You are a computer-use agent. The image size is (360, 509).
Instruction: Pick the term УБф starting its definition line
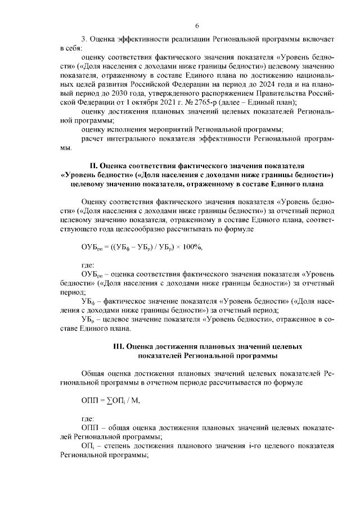click(88, 301)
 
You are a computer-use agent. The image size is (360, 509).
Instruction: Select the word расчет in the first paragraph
click(93, 138)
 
